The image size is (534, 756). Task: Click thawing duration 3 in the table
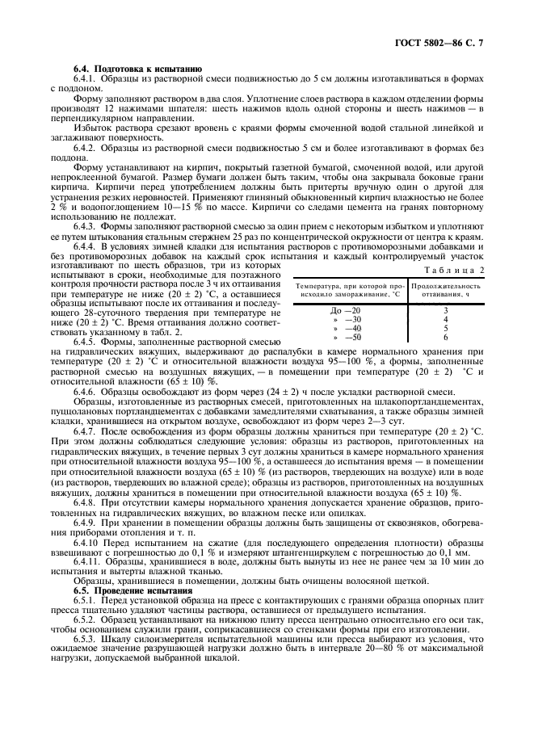coord(445,310)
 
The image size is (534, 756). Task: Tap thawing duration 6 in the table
coord(445,338)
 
